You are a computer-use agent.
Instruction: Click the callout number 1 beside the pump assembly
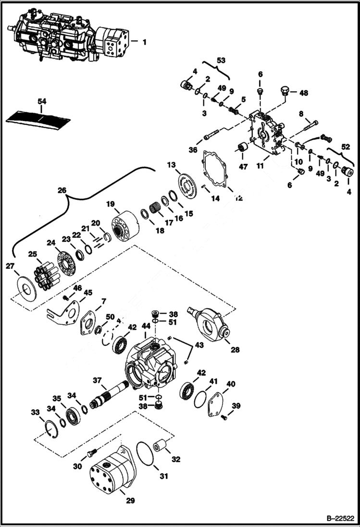tap(144, 42)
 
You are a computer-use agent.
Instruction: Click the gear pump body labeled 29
tap(111, 473)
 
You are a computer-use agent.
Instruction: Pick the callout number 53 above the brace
tap(221, 61)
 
